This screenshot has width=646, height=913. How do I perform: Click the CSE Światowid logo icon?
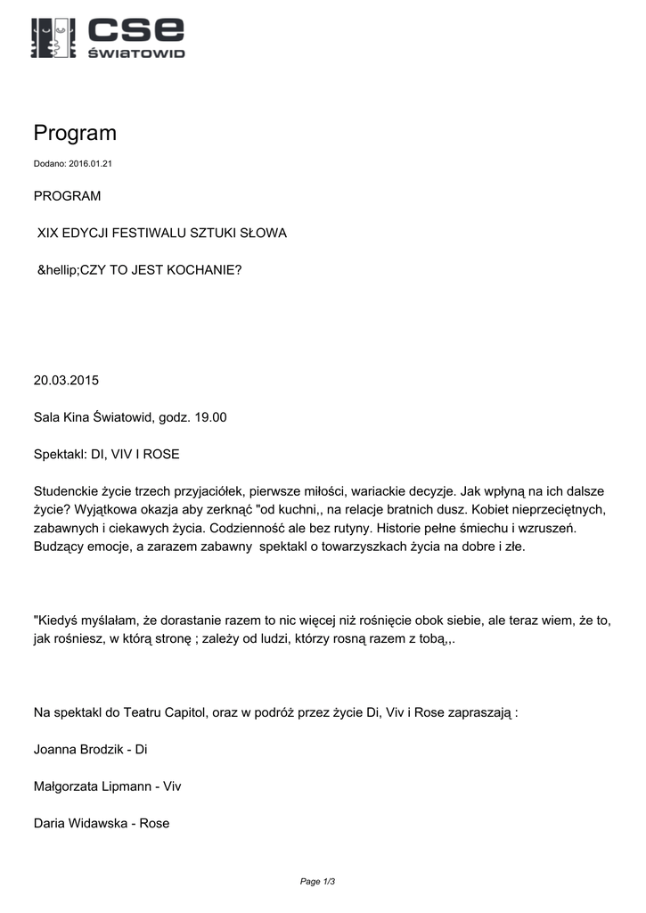point(53,37)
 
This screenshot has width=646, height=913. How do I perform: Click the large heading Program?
point(75,133)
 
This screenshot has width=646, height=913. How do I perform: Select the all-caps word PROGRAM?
point(67,196)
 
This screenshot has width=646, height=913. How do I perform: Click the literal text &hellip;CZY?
point(74,268)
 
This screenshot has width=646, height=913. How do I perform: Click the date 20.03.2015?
point(66,380)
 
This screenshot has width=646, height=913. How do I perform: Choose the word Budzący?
point(59,547)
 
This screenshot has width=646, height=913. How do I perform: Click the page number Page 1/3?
point(317,882)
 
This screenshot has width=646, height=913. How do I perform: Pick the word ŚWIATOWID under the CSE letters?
point(135,53)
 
